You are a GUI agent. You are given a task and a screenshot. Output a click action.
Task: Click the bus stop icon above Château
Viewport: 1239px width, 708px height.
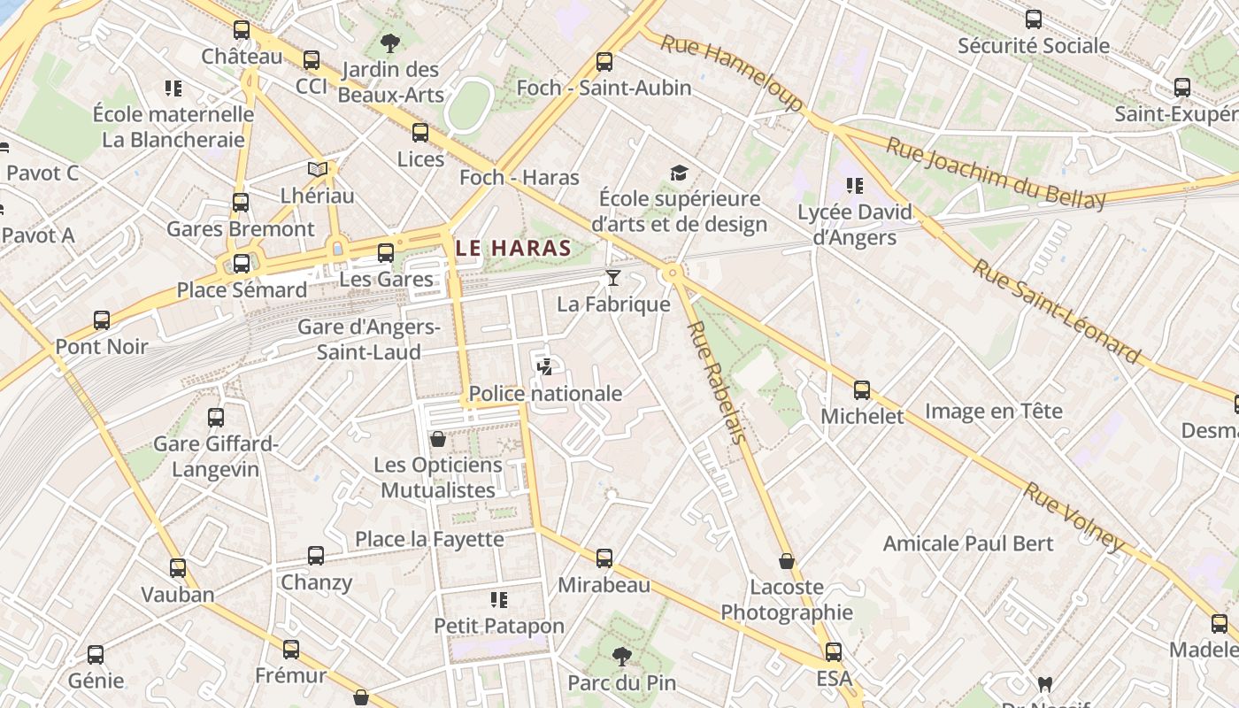(242, 30)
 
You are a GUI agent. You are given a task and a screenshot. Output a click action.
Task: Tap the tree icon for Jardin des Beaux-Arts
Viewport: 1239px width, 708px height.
(389, 42)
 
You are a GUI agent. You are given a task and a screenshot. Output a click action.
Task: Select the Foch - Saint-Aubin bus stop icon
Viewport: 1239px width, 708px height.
(604, 62)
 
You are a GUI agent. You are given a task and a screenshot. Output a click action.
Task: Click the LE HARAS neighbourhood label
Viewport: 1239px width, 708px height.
(514, 249)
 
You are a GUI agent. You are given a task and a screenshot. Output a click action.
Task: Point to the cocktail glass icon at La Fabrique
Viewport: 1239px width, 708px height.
(612, 279)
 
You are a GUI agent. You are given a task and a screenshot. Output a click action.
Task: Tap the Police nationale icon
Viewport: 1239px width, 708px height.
(545, 367)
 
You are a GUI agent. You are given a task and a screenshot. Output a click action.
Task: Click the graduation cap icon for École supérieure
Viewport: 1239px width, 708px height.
(679, 173)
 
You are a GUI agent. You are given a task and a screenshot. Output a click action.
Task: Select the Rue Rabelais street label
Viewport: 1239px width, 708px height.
(718, 381)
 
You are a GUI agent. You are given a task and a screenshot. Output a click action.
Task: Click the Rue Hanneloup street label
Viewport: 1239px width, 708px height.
(732, 73)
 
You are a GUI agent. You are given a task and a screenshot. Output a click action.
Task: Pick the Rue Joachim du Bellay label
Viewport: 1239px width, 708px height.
(996, 173)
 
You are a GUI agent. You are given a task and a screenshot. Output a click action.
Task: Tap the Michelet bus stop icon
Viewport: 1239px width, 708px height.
(862, 390)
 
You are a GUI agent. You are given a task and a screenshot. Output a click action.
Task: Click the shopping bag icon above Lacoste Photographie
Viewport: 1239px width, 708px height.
(786, 561)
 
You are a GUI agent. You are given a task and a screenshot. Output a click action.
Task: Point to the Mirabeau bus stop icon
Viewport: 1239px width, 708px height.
(604, 558)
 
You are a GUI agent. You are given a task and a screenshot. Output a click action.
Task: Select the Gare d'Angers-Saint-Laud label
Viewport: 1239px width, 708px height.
(369, 339)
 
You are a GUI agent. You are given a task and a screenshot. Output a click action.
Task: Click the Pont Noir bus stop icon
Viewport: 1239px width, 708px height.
(102, 320)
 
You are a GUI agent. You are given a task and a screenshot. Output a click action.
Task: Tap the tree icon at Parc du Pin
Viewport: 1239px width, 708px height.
(622, 657)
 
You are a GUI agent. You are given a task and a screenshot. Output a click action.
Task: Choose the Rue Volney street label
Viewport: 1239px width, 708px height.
(1074, 518)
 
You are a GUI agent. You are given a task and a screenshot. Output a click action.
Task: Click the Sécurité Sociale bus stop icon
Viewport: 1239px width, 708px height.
(1034, 19)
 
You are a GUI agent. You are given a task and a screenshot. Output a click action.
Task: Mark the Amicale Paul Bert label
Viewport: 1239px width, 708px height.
(968, 543)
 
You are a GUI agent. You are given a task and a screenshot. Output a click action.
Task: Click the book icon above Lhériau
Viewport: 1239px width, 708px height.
(317, 169)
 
